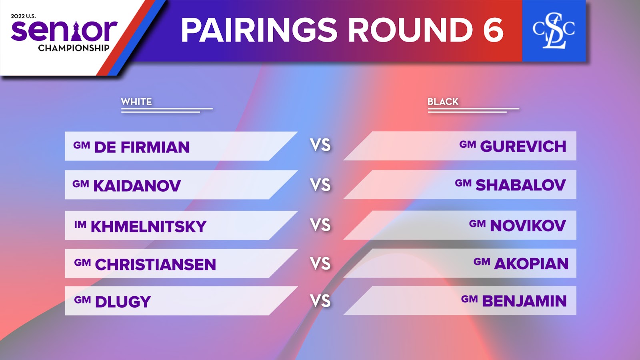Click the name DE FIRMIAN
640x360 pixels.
point(142,147)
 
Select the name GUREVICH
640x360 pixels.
point(523,146)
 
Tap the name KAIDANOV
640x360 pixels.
point(137,186)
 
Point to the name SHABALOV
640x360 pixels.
point(520,185)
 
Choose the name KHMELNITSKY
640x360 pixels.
point(148,226)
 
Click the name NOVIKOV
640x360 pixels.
point(528,226)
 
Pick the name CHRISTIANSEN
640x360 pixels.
point(156,264)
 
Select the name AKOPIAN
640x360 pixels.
point(532,264)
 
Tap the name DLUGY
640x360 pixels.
point(123,302)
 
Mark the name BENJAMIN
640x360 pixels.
point(524,301)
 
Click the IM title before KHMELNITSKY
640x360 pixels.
point(80,224)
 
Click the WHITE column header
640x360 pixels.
point(136,102)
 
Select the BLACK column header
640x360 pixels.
point(443,102)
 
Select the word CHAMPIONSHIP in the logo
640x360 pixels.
point(74,48)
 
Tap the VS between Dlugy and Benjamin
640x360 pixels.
point(320,301)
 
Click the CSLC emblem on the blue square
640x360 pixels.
point(554,31)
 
